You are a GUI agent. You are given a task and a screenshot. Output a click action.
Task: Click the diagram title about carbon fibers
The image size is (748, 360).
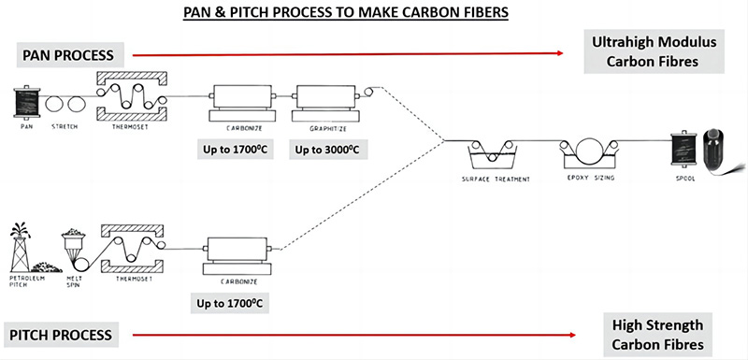[x=346, y=12]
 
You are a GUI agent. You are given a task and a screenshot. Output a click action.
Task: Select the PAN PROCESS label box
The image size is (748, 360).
[x=71, y=55]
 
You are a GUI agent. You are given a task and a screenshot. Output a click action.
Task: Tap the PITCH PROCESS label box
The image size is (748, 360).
[x=61, y=334]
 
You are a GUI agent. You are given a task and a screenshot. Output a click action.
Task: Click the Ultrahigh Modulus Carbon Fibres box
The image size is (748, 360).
[x=654, y=51]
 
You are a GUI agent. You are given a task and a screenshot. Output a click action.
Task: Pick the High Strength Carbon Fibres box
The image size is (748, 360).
[x=657, y=335]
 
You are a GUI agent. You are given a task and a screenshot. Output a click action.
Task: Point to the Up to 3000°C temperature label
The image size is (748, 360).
[x=326, y=151]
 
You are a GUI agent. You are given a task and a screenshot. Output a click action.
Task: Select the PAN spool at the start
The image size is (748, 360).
[x=27, y=102]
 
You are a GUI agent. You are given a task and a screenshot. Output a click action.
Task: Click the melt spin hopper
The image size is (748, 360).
[x=74, y=241]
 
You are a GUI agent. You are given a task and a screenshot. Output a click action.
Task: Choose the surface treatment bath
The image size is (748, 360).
[x=494, y=155]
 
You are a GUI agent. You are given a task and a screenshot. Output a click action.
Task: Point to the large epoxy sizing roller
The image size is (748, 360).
[x=589, y=151]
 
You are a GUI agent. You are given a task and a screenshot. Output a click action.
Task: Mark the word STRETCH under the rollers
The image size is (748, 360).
[x=64, y=127]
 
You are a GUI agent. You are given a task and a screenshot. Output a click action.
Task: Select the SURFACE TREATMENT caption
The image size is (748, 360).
[x=496, y=180]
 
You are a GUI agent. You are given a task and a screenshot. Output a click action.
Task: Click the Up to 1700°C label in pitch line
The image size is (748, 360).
[x=230, y=303]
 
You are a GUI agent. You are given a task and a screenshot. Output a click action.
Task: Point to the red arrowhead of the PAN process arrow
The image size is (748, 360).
[x=559, y=53]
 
